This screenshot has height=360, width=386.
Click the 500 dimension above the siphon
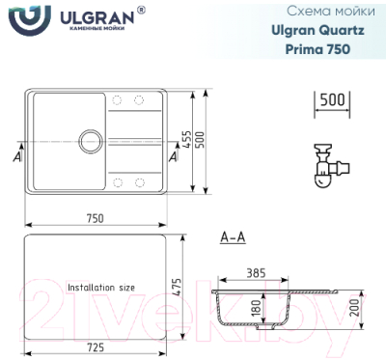pos(332,99)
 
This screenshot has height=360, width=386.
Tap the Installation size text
pos(101,288)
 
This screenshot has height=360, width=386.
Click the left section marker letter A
pos(17,153)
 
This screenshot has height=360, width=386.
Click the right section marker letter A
pos(172,153)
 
